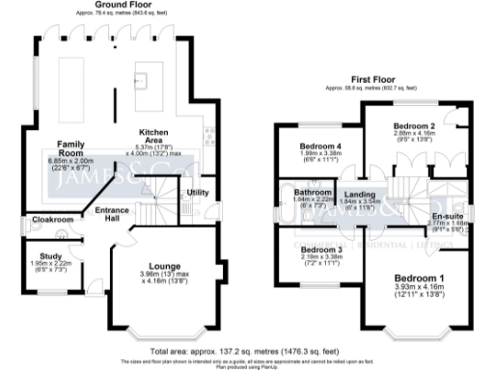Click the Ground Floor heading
(x=121, y=5)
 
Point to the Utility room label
(x=198, y=194)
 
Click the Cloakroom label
(x=51, y=220)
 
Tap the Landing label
(x=359, y=194)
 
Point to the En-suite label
(x=448, y=216)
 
